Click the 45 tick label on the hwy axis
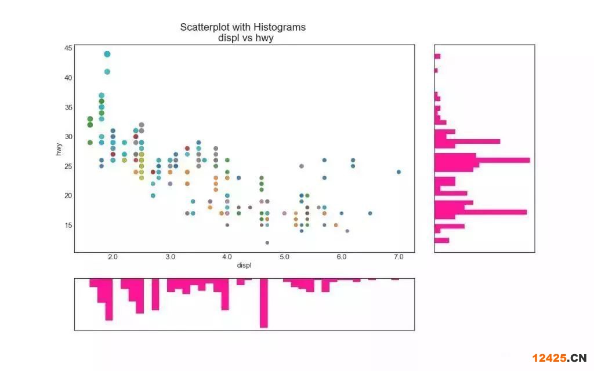point(68,48)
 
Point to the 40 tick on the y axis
point(68,78)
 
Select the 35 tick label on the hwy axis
point(68,107)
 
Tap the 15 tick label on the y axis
point(68,225)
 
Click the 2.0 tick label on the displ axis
point(113,256)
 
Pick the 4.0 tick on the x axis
point(227,256)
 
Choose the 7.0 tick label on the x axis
point(399,256)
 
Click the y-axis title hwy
point(59,148)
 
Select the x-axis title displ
point(244,265)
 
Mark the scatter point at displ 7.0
point(399,172)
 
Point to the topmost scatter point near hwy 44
point(107,54)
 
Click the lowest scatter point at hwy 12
point(267,243)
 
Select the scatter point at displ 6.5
point(370,213)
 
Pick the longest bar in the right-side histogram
point(482,160)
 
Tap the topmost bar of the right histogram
point(437,56)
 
